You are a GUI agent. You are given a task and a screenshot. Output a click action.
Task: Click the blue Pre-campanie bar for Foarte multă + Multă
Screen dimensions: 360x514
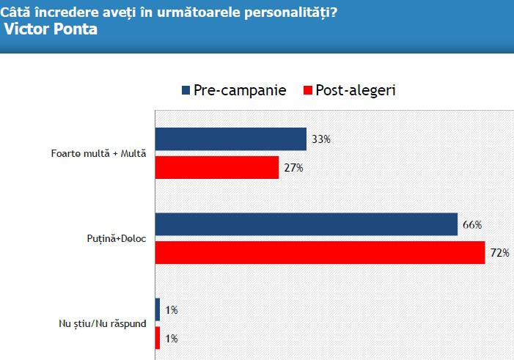230,139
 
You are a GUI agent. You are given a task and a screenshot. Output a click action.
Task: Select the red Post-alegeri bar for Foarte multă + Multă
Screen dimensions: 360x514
217,167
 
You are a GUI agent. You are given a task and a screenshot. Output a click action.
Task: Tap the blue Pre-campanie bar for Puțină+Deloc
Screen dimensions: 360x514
306,225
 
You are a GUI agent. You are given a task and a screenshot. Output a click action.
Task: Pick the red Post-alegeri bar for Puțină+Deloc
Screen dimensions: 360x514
320,253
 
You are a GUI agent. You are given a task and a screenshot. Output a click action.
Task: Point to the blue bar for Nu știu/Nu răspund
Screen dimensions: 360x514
158,309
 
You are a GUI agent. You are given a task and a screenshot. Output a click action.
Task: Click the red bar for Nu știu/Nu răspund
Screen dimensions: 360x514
158,338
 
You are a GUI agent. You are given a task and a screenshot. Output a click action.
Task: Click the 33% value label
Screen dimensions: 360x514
320,139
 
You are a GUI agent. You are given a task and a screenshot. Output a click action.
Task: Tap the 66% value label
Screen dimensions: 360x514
472,225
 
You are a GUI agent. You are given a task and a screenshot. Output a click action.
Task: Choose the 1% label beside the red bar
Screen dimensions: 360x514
171,338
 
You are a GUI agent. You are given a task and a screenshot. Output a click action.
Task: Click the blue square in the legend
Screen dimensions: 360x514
186,91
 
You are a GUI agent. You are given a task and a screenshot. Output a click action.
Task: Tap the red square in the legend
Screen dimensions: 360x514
307,91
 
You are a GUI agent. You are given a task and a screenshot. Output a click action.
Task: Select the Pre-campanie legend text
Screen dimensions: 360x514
240,90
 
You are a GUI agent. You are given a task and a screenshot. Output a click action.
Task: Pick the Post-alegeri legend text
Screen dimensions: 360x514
355,90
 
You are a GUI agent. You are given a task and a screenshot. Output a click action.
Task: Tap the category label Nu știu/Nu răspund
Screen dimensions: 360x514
102,323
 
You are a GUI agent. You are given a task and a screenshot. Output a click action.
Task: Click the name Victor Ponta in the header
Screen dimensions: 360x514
51,30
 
